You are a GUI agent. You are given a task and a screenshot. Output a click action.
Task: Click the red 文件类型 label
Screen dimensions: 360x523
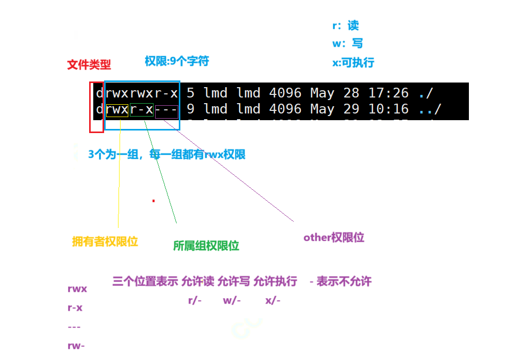coord(89,65)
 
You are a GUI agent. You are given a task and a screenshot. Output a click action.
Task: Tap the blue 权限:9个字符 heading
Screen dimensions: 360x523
coord(177,61)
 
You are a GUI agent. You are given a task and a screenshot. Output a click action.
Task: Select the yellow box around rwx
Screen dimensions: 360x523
coord(117,109)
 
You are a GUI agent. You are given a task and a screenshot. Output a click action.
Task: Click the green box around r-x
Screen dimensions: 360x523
coord(142,109)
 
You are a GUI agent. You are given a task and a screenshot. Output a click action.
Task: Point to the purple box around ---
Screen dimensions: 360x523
coord(166,112)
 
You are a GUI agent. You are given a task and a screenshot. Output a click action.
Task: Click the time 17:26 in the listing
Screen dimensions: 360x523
coord(389,93)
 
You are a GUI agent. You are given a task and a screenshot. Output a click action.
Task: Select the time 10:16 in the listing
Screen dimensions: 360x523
coord(389,109)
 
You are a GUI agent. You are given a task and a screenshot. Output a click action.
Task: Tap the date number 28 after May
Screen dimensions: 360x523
coord(351,93)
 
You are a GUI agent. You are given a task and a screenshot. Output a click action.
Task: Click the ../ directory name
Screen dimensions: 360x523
coord(430,109)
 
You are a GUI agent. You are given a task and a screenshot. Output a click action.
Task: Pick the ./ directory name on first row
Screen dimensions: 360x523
coord(426,93)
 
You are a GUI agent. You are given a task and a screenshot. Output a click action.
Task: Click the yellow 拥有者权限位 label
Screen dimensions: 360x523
coord(106,241)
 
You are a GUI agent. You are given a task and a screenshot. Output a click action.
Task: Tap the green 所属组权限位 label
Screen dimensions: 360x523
coord(206,246)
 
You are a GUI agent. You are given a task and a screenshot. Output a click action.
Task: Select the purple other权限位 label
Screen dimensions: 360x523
coord(334,237)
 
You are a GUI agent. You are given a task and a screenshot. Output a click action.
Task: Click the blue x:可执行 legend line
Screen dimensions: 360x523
coord(353,63)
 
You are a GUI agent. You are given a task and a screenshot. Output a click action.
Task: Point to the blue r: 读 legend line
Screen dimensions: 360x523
coord(346,26)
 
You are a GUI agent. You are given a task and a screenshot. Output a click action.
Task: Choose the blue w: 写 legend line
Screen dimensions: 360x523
coord(348,43)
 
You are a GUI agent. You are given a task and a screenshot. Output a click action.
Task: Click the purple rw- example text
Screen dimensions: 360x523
coord(76,346)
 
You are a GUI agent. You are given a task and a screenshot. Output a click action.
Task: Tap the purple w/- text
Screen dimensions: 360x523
coord(232,300)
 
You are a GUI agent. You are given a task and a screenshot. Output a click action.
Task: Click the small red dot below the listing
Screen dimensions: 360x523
coord(154,201)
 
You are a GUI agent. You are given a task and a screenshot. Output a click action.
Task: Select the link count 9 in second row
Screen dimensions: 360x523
coord(191,109)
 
